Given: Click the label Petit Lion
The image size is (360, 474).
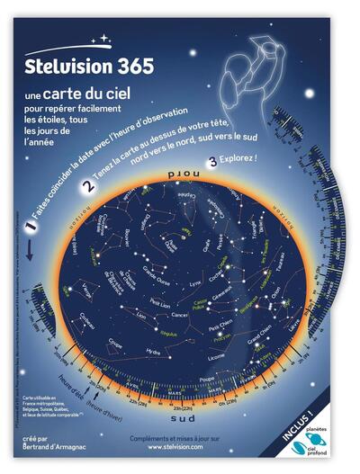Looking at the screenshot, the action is (x=159, y=303).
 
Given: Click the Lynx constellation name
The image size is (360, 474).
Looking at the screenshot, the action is (x=193, y=281).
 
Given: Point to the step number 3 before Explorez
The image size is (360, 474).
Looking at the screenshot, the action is (x=211, y=162).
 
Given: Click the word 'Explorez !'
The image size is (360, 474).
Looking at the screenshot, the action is (x=238, y=159).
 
